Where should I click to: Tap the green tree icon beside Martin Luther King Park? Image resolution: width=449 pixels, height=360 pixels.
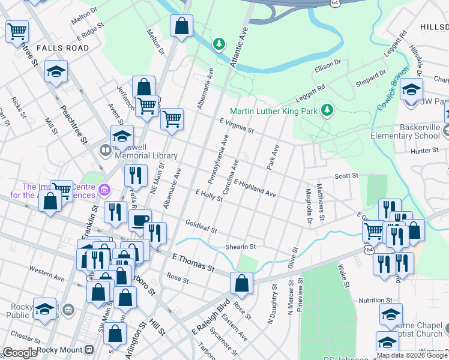tap(327, 110)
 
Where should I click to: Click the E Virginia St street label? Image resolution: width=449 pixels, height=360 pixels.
tap(237, 125)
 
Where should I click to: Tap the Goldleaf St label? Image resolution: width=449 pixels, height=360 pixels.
tap(200, 226)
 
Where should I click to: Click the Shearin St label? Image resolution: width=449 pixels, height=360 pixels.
tap(241, 247)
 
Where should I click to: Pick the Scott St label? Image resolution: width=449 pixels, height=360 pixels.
tap(346, 176)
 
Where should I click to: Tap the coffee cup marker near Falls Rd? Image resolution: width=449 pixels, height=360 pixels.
tap(140, 221)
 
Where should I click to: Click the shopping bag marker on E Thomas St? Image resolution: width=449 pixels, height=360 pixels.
tap(241, 284)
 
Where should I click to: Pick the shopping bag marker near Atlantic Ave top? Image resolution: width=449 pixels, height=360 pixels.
tap(181, 26)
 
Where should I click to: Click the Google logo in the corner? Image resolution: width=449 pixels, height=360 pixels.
tap(20, 353)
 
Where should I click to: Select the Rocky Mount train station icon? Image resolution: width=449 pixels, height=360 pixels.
tap(89, 350)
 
